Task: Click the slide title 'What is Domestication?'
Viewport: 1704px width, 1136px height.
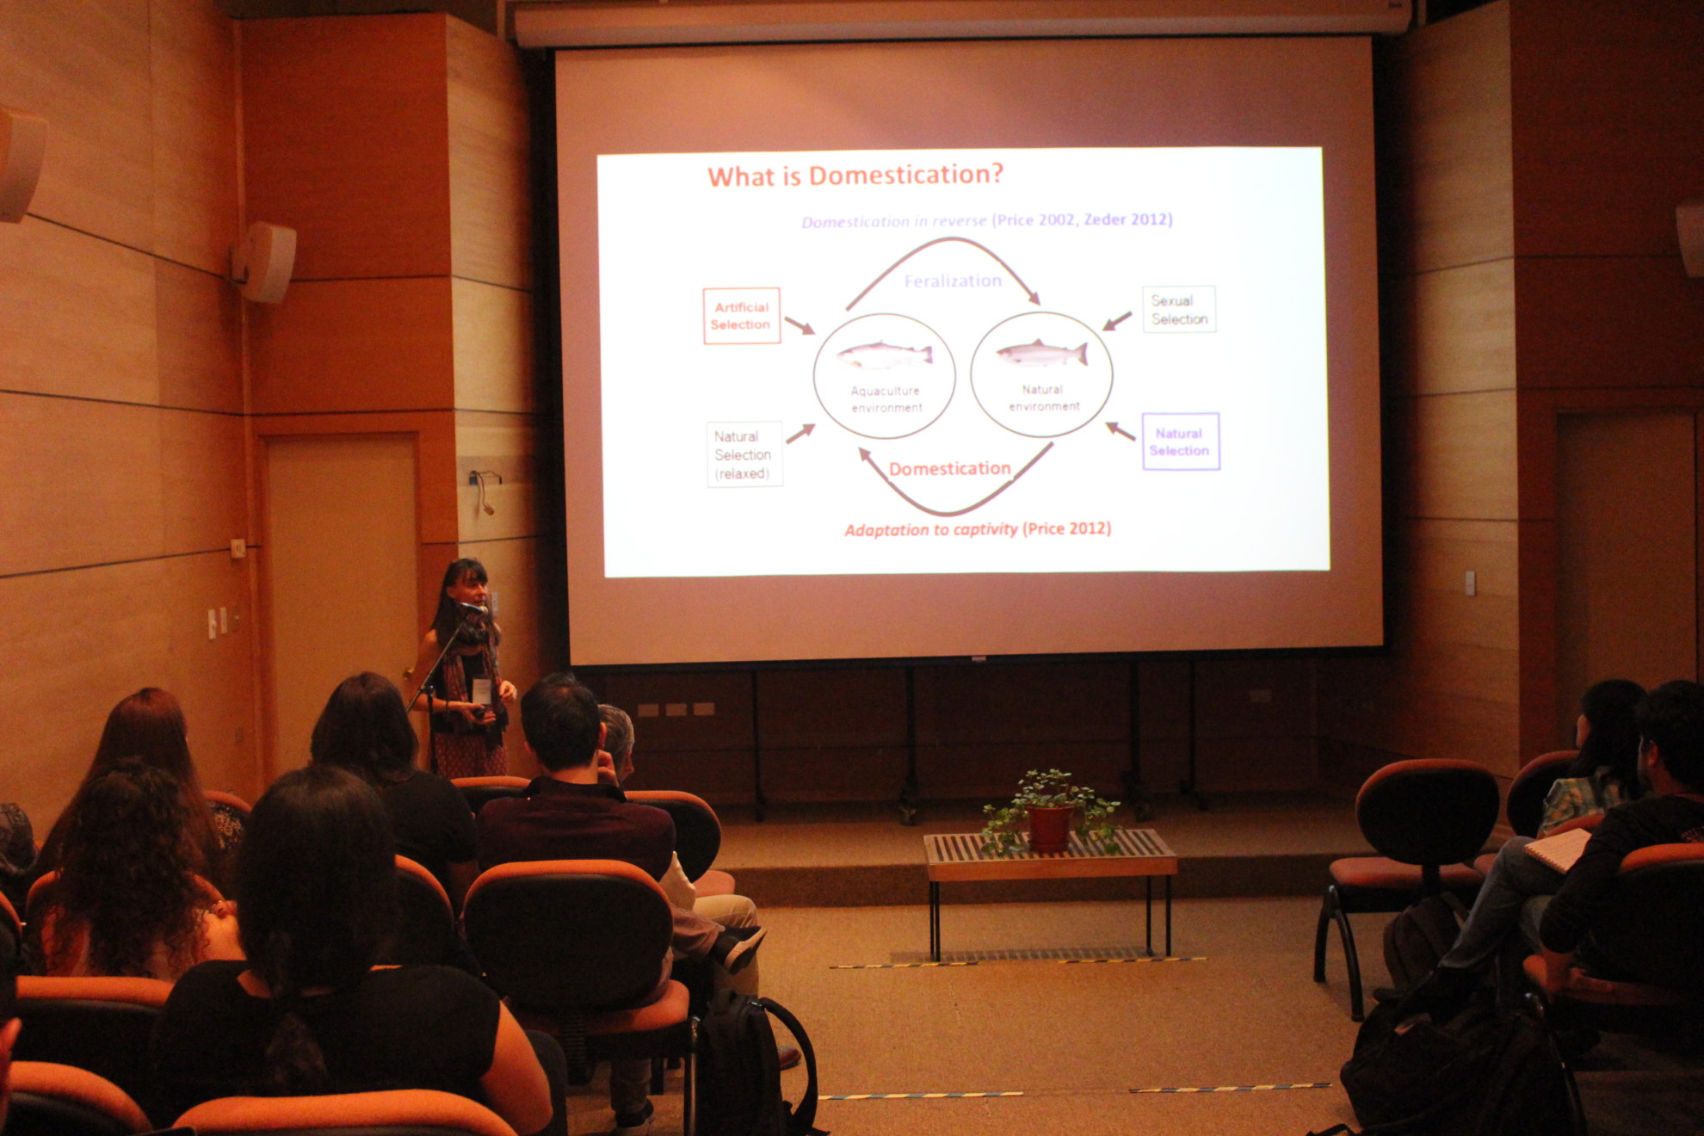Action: tap(855, 176)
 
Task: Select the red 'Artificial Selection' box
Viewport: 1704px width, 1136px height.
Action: tap(742, 316)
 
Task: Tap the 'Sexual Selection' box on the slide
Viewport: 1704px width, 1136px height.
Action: tap(1179, 310)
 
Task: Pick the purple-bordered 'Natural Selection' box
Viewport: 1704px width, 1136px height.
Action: tap(1180, 441)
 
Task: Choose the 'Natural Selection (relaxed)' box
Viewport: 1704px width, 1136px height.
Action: tap(744, 454)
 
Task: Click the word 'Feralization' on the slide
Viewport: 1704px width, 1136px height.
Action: tap(953, 281)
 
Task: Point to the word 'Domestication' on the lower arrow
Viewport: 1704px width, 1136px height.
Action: tap(950, 469)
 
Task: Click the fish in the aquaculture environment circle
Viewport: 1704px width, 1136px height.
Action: tap(885, 355)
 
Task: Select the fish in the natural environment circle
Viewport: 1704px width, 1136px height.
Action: tap(1042, 353)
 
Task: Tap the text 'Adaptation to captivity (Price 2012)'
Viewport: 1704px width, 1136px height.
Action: tap(978, 529)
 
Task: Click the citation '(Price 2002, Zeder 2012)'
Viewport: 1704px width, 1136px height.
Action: tap(1082, 219)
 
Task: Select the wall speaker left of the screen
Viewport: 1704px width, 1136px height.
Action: tap(265, 262)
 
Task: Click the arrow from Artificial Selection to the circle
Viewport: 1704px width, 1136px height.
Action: tap(800, 325)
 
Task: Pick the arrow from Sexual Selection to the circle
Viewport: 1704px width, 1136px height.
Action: tap(1117, 321)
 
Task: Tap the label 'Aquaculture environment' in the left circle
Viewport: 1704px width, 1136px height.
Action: tap(886, 399)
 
